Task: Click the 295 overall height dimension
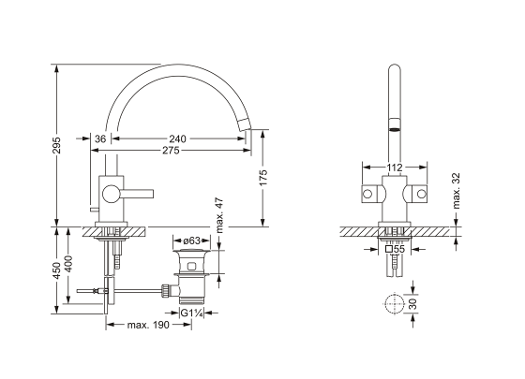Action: pyautogui.click(x=57, y=144)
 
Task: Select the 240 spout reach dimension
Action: pyautogui.click(x=177, y=138)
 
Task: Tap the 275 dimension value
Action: pyautogui.click(x=171, y=151)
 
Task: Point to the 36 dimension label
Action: pyautogui.click(x=100, y=138)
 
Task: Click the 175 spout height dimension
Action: pyautogui.click(x=263, y=178)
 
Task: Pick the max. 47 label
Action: pyautogui.click(x=219, y=215)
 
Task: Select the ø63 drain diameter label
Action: pyautogui.click(x=191, y=241)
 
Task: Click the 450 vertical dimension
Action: pyautogui.click(x=57, y=270)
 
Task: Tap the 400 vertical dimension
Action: pyautogui.click(x=68, y=264)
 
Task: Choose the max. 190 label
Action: pyautogui.click(x=148, y=325)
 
